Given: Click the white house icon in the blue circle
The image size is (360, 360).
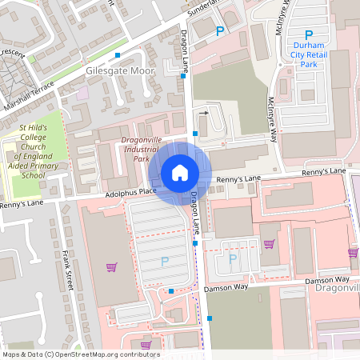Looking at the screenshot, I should pos(180,172).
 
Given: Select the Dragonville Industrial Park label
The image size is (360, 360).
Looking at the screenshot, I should pos(141,150).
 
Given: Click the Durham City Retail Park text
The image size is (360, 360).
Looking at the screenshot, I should pos(308,55).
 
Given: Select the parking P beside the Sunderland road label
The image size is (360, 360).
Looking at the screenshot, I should pos(220,31).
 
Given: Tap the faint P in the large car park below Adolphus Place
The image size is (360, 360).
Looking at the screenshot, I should pos(165,261).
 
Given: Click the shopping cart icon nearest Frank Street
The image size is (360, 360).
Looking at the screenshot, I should pos(111,267).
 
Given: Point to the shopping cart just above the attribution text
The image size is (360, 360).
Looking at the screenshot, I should pos(146,345).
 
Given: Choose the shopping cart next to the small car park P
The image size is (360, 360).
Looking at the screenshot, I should pos(269,244).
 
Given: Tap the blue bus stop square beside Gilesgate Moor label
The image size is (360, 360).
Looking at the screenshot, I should pos(118,55).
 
